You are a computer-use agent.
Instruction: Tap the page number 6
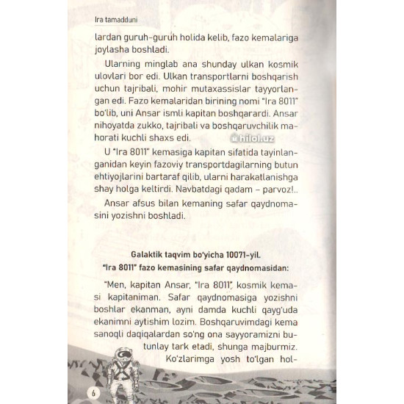click(x=93, y=389)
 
